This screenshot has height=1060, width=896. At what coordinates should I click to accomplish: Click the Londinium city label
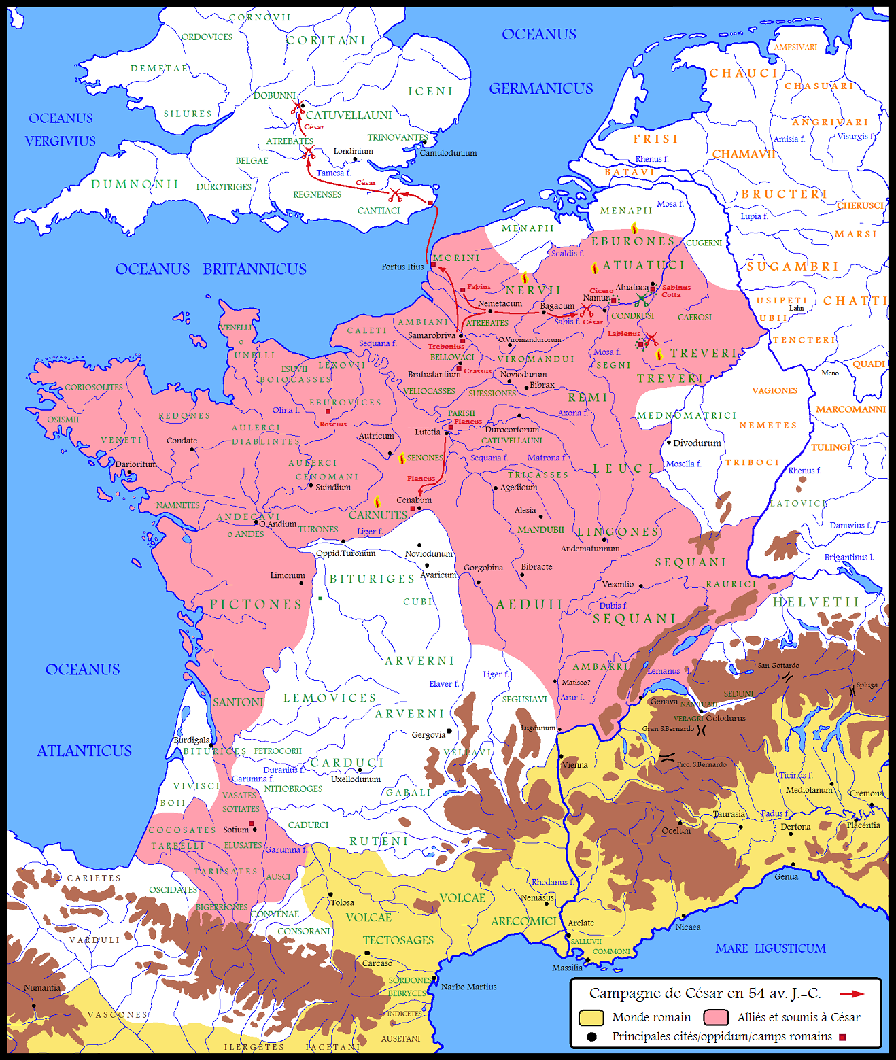(x=353, y=151)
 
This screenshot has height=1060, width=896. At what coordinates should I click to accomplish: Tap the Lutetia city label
(x=428, y=432)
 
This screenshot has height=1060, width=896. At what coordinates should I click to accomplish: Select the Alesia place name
(x=525, y=510)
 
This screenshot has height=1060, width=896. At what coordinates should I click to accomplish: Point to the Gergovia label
(x=428, y=734)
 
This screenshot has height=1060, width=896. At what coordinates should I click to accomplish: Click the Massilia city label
(x=567, y=968)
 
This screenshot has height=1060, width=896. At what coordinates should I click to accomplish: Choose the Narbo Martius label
(x=468, y=987)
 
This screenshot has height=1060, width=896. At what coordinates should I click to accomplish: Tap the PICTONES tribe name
(x=256, y=604)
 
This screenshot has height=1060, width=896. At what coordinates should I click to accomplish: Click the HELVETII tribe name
(x=816, y=602)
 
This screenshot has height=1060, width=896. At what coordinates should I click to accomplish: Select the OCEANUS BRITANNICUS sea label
(x=211, y=269)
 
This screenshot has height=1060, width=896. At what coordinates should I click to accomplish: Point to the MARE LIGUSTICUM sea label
(x=770, y=948)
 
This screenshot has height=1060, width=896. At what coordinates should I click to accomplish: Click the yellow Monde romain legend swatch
(x=591, y=1017)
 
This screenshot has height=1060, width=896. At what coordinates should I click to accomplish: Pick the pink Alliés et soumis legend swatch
(x=716, y=1017)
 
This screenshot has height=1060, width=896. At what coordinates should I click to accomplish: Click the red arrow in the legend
(x=851, y=994)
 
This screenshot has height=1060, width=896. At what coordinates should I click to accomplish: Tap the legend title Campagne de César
(x=704, y=993)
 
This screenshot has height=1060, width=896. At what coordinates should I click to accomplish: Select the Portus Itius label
(x=402, y=267)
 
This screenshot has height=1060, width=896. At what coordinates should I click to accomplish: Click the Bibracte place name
(x=536, y=566)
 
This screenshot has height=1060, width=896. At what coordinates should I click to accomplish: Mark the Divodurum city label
(x=697, y=443)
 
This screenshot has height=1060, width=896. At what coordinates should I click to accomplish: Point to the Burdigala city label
(x=192, y=740)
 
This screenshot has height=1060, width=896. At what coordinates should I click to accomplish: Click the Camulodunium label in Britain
(x=448, y=153)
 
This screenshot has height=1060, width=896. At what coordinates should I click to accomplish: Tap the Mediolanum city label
(x=809, y=790)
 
